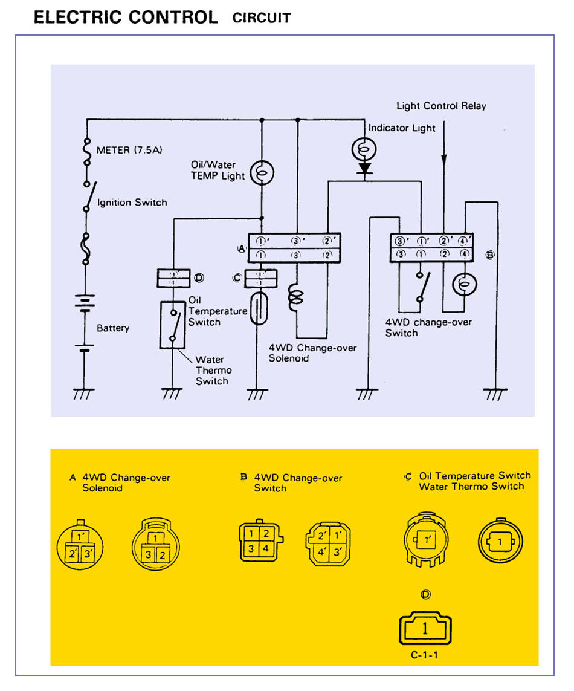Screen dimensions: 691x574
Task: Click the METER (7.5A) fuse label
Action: [124, 150]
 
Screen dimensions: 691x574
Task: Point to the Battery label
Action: [113, 328]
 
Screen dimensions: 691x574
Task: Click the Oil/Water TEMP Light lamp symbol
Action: [263, 174]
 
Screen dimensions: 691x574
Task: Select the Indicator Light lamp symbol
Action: [364, 148]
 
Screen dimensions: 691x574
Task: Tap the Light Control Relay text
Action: [441, 106]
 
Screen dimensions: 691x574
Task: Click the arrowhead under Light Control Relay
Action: [444, 160]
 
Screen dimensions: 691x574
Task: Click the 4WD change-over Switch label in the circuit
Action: [428, 327]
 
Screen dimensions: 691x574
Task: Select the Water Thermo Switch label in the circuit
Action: [212, 370]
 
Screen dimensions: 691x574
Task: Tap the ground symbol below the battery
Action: [83, 394]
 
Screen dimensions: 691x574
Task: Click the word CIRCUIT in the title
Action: [262, 18]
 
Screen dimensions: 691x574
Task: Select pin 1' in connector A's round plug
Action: [81, 536]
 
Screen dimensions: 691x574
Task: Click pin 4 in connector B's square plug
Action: [265, 548]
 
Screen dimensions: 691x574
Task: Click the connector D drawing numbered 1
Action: [425, 629]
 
